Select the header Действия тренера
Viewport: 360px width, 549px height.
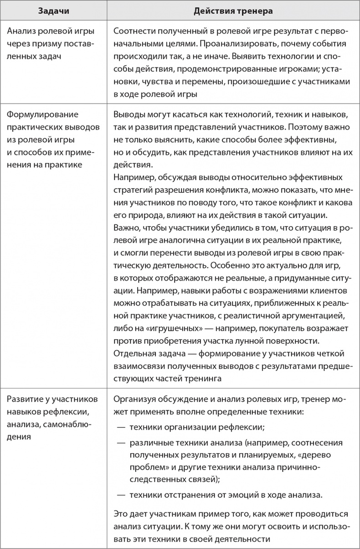[x=233, y=11]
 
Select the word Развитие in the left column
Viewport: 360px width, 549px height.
[x=25, y=399]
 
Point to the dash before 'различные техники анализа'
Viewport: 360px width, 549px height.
[x=122, y=443]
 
